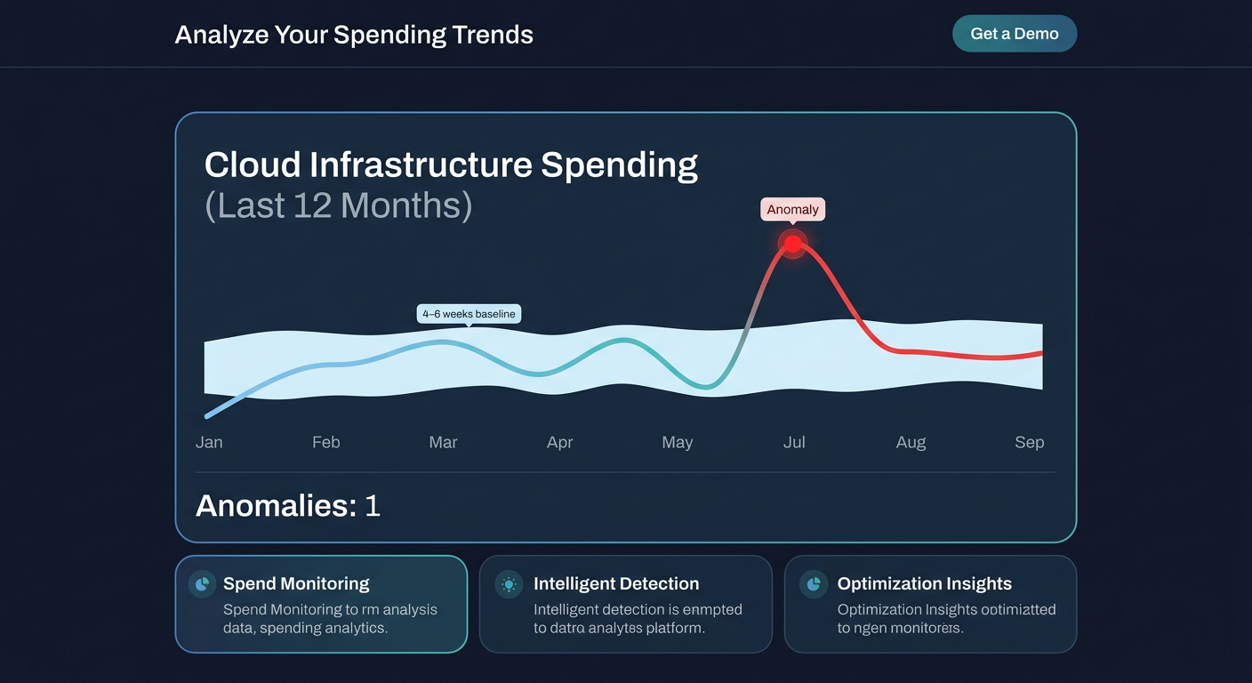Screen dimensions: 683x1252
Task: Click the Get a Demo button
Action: point(1015,34)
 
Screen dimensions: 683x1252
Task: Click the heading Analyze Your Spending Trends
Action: point(354,35)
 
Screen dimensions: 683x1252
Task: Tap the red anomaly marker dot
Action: point(792,244)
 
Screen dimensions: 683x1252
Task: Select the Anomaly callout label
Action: point(792,210)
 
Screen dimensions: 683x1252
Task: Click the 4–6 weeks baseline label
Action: point(469,314)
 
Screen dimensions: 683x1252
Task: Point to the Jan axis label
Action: point(209,442)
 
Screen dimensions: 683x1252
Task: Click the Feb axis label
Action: point(326,442)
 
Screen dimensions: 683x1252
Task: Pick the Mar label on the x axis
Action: point(443,442)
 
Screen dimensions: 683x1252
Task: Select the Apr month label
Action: point(559,442)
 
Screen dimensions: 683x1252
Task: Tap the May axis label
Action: point(677,442)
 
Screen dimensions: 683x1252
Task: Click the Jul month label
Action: point(794,442)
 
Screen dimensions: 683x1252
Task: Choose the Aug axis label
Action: point(911,442)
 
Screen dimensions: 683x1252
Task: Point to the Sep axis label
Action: point(1029,442)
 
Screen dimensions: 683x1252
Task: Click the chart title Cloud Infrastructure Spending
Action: point(451,165)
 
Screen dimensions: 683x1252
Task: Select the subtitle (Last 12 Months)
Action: point(338,205)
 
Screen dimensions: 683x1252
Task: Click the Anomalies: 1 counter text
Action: point(287,506)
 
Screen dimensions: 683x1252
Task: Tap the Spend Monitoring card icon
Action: point(202,584)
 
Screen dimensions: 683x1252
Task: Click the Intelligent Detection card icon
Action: point(509,584)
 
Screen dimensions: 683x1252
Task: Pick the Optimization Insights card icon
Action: point(813,584)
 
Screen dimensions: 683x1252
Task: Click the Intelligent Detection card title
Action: point(616,584)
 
